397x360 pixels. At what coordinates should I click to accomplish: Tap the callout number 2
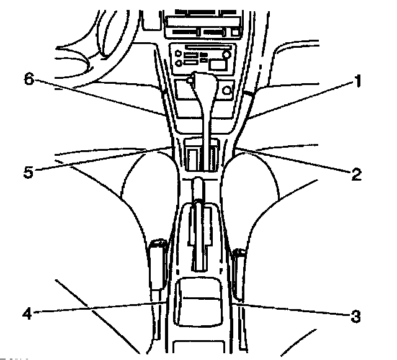(x=355, y=174)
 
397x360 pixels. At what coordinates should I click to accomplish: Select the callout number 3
(x=355, y=317)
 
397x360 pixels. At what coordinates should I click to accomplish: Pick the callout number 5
(x=29, y=171)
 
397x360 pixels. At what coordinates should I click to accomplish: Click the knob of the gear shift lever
(x=200, y=79)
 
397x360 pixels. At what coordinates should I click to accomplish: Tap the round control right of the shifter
(x=226, y=91)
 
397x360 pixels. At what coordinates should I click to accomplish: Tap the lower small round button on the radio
(x=179, y=63)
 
